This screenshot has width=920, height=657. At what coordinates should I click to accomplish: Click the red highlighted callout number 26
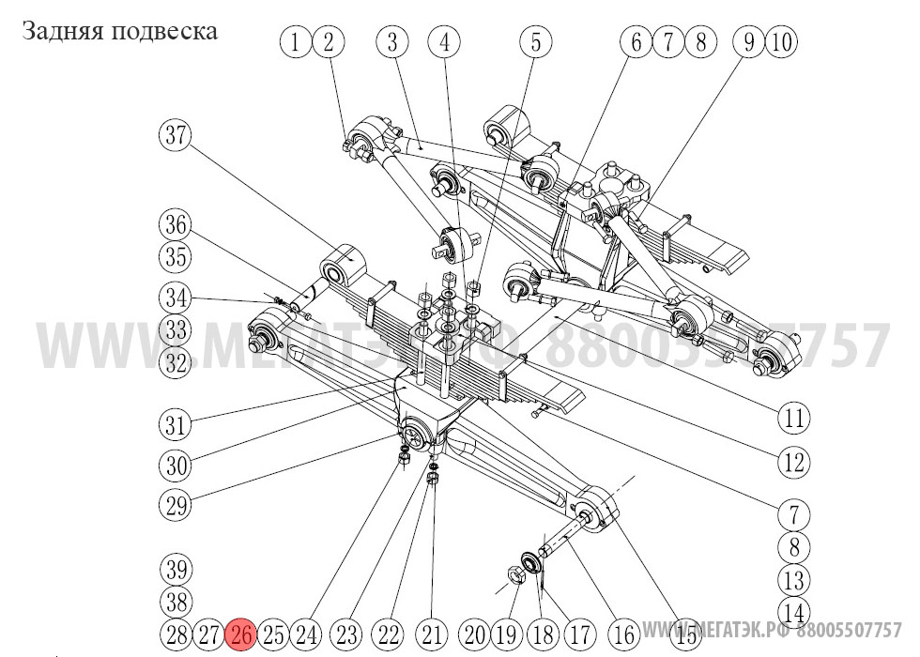pyautogui.click(x=241, y=634)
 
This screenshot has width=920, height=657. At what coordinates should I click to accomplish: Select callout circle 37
pyautogui.click(x=175, y=136)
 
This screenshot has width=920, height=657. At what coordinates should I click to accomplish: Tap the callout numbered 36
pyautogui.click(x=175, y=226)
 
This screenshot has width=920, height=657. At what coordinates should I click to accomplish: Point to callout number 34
pyautogui.click(x=175, y=299)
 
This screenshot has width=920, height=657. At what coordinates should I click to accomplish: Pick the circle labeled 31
pyautogui.click(x=175, y=423)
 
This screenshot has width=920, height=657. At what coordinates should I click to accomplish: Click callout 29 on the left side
pyautogui.click(x=175, y=506)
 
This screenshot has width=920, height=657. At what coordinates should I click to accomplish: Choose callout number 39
pyautogui.click(x=175, y=570)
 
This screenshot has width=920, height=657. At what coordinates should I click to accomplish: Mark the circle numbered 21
pyautogui.click(x=432, y=634)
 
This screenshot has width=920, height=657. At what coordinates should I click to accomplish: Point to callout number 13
pyautogui.click(x=794, y=579)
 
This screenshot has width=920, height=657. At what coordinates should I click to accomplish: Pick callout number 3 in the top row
pyautogui.click(x=392, y=41)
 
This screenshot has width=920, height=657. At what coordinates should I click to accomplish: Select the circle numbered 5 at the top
pyautogui.click(x=536, y=41)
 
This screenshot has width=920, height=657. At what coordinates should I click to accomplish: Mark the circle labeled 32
pyautogui.click(x=175, y=363)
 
